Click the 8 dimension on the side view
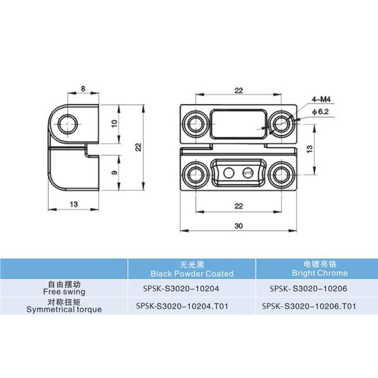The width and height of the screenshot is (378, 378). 83,88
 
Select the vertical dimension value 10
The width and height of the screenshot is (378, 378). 113,124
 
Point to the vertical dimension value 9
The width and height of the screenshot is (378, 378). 113,173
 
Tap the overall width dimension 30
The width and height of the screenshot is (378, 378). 238,226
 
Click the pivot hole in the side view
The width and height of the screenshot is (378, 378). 69,124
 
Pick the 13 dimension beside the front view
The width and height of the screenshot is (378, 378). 309,148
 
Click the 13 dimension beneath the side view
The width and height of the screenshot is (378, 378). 74,204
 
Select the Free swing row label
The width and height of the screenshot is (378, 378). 64,288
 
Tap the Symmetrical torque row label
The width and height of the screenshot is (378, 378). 64,306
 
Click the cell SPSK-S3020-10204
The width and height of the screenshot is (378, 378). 181,288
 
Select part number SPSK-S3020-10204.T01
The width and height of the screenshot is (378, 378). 182,306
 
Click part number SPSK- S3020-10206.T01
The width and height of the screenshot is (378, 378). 309,306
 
